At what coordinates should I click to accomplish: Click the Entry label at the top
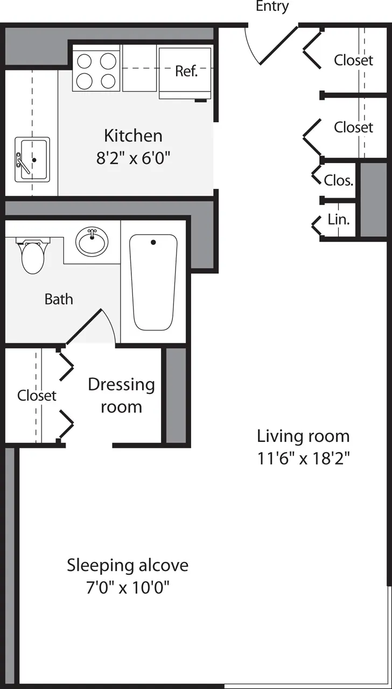point(272,6)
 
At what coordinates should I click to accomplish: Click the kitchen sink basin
point(32,159)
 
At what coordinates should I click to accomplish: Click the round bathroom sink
point(92,241)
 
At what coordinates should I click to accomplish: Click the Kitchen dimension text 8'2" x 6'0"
point(133,158)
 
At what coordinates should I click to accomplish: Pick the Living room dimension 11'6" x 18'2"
point(303,459)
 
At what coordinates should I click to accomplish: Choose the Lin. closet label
point(339,220)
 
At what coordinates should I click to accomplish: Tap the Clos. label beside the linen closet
point(339,180)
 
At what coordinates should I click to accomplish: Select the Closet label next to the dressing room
point(37,396)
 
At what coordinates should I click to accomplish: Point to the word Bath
point(59,299)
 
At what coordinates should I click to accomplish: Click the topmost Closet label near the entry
point(353,60)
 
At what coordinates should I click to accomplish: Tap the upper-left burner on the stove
point(84,61)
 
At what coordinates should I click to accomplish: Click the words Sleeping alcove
point(128,565)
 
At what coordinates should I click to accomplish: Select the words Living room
point(303,435)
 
